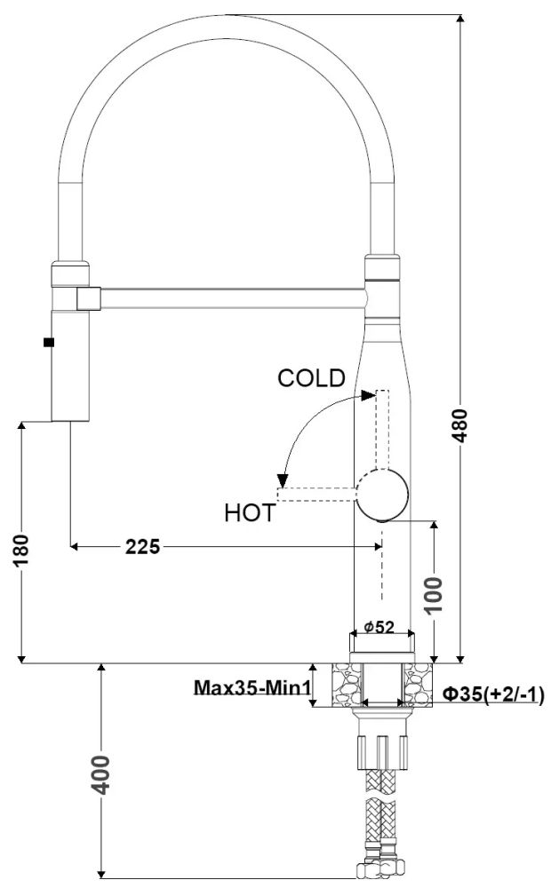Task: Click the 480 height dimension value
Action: point(461,425)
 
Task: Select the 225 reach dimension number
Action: point(143,546)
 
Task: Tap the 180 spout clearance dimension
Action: point(21,550)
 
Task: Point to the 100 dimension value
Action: point(435,595)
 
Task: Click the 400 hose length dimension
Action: point(101,774)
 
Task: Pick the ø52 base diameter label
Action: point(379,628)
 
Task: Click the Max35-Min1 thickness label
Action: point(252,687)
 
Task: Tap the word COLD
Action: point(311,378)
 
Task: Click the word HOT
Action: point(250,513)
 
